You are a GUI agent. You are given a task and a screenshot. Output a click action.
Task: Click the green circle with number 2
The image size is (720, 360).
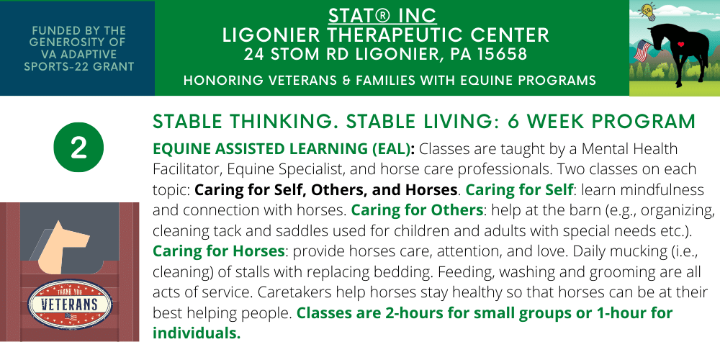(78, 148)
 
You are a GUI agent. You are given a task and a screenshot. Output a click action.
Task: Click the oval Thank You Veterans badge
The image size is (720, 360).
(70, 304)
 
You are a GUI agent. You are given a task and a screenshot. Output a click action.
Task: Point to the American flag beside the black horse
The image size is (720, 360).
(643, 50)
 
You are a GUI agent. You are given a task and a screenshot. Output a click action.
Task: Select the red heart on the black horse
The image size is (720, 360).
(681, 45)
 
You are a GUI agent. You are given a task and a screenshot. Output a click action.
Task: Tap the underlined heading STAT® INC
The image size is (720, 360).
(382, 16)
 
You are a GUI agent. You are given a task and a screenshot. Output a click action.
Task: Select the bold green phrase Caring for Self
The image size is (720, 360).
(519, 189)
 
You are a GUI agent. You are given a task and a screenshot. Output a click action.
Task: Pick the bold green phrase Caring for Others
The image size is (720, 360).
(417, 210)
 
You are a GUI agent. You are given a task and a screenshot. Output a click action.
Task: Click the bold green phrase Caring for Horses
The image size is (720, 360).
(219, 251)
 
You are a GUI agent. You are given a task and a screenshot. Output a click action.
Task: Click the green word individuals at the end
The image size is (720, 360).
(197, 333)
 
